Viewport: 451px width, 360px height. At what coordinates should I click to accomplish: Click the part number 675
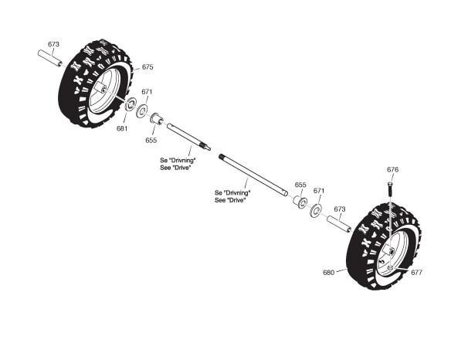pyautogui.click(x=148, y=67)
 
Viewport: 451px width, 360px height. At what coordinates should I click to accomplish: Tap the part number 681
pyautogui.click(x=122, y=129)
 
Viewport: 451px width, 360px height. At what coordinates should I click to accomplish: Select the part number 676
pyautogui.click(x=392, y=170)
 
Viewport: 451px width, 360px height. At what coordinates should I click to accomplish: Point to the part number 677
pyautogui.click(x=416, y=272)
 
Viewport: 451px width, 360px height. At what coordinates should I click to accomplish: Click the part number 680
pyautogui.click(x=329, y=272)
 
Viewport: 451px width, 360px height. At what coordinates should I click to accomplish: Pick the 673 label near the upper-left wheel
pyautogui.click(x=53, y=44)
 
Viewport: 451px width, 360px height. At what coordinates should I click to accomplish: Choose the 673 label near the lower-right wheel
pyautogui.click(x=340, y=209)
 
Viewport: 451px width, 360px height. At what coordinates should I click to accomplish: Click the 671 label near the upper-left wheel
pyautogui.click(x=147, y=92)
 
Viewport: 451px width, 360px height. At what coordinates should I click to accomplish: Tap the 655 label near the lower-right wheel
pyautogui.click(x=300, y=185)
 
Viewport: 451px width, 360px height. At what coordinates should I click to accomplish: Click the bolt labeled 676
pyautogui.click(x=389, y=189)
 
